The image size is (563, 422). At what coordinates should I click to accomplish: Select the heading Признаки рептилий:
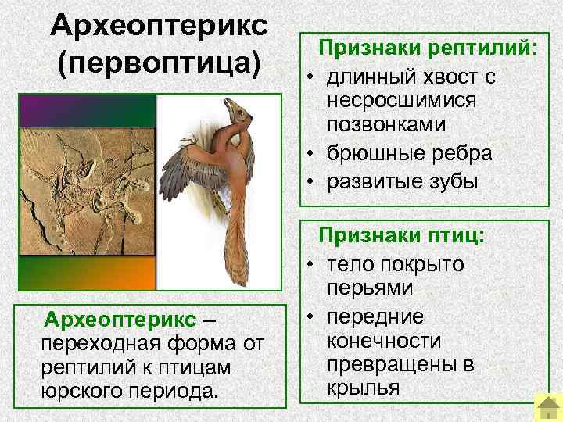[x=427, y=48]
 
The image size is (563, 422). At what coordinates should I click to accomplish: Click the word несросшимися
[x=403, y=102]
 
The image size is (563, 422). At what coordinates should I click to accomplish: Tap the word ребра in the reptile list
[x=462, y=152]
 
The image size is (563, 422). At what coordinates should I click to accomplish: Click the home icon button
[x=545, y=406]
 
